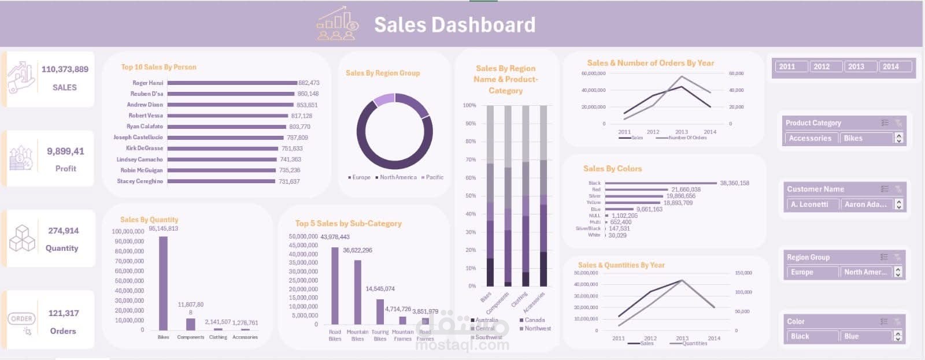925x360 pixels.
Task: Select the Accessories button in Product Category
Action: [810, 138]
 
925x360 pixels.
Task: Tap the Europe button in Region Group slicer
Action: [812, 272]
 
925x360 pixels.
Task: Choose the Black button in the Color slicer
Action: [812, 336]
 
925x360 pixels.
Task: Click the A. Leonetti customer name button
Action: [812, 205]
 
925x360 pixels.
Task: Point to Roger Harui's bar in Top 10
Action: [232, 83]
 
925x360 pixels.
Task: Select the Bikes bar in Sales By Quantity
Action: [163, 283]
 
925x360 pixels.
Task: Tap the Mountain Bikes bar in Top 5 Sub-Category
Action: [357, 292]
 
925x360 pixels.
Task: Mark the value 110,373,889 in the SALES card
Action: [65, 69]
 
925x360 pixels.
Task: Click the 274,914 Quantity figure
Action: [64, 231]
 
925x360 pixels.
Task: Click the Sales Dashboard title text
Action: [454, 25]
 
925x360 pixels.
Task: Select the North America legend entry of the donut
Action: [398, 177]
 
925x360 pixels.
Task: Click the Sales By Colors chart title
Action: [612, 169]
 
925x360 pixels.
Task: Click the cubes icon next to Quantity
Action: [22, 238]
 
